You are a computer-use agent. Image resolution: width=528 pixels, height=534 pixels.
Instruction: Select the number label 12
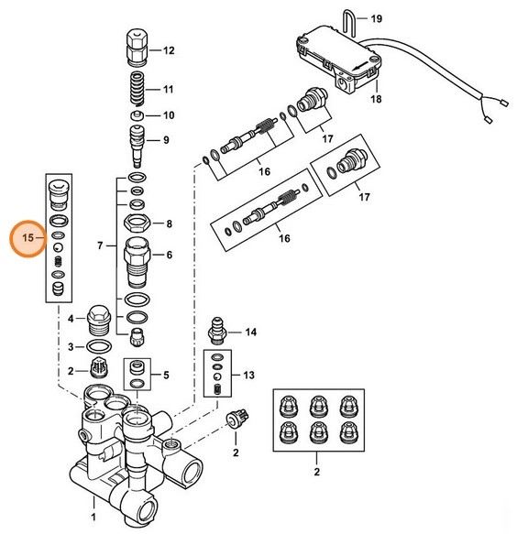[168, 50]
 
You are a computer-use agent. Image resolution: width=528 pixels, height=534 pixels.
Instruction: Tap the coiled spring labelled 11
[136, 90]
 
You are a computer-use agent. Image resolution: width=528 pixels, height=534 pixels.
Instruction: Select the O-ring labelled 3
[97, 347]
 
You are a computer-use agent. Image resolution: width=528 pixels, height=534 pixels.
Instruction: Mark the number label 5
[166, 375]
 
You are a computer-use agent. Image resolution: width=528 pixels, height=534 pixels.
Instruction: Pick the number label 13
[248, 376]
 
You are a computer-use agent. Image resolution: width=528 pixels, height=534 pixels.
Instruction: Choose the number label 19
[375, 18]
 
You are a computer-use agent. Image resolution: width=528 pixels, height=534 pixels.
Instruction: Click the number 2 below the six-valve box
[317, 472]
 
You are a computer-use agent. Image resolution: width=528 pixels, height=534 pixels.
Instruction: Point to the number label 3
[70, 347]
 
